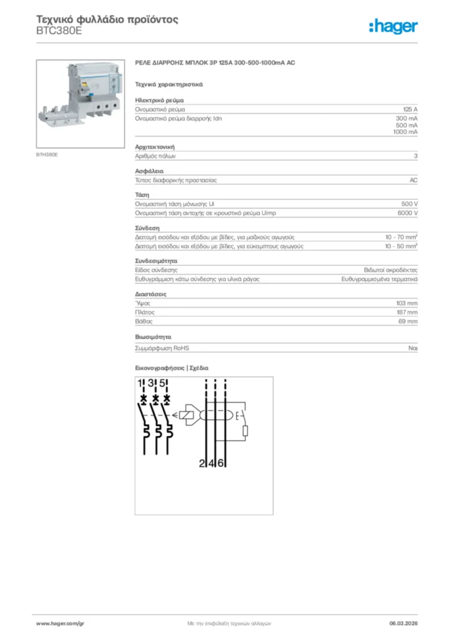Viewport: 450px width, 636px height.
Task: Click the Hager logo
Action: [x=393, y=26]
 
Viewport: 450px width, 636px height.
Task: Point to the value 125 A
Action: [x=410, y=109]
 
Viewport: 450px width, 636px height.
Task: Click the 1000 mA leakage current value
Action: [x=405, y=132]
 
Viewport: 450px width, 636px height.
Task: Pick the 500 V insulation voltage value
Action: [x=410, y=204]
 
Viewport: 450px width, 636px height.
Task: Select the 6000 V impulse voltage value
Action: [x=407, y=213]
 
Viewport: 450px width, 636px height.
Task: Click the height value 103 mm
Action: [x=407, y=303]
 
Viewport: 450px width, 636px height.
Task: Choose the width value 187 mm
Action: [x=407, y=312]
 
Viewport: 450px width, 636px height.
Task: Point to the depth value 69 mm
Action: [x=408, y=322]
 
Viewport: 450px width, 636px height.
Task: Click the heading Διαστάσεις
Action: [x=150, y=293]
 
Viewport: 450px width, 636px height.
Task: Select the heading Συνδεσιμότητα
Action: [x=157, y=261]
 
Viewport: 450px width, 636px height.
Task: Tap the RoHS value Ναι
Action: [x=413, y=348]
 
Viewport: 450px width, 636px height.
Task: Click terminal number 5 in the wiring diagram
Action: [x=161, y=383]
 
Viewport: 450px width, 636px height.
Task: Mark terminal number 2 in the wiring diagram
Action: [x=202, y=463]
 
